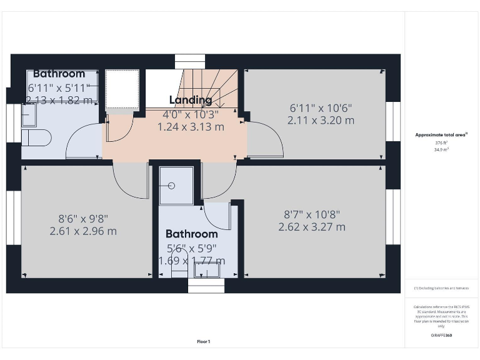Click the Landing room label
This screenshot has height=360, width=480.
point(191,100)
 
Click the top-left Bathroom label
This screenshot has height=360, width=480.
point(59,74)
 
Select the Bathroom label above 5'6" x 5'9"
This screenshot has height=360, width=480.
point(191,234)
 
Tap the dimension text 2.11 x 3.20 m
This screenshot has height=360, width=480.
point(321,120)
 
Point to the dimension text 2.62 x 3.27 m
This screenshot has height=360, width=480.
point(312,227)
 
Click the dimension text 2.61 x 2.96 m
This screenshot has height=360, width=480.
point(83,231)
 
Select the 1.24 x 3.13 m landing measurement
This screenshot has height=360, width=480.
point(191,127)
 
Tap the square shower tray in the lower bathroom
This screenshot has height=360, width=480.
point(176,186)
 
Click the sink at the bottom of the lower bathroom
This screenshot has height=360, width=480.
point(206,269)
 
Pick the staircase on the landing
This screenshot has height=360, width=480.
point(206,87)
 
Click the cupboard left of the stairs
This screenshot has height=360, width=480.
point(121,89)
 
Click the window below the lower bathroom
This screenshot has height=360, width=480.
point(206,286)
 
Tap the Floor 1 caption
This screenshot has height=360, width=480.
point(204,342)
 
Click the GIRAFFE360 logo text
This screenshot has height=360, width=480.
point(441,336)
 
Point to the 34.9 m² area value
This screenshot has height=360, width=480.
point(442,150)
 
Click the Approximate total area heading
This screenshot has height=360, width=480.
point(441,134)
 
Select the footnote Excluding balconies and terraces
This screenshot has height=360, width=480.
point(441,288)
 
